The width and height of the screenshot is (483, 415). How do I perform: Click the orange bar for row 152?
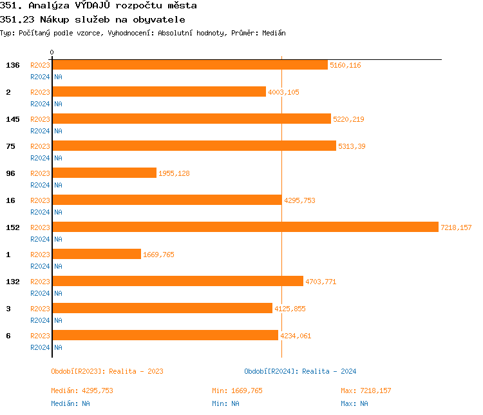[245, 227]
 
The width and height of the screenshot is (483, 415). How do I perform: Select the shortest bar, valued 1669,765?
[97, 254]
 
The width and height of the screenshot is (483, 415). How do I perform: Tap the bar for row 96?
[104, 173]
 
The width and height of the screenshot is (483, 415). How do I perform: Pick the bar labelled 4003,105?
[159, 92]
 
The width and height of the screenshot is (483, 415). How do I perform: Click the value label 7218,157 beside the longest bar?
[456, 227]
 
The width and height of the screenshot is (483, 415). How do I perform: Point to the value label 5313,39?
[352, 146]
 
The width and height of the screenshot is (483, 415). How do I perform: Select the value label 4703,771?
[321, 282]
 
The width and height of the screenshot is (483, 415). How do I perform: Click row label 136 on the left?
[13, 65]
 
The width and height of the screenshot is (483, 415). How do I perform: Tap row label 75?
[10, 146]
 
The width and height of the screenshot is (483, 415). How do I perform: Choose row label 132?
[13, 282]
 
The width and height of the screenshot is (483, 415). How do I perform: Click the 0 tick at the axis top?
[52, 52]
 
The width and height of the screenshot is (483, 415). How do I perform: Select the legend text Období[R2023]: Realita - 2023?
[107, 371]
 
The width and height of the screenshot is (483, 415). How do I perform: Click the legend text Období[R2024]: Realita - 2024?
[300, 371]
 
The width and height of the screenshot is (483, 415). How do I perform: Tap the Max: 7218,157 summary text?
[366, 391]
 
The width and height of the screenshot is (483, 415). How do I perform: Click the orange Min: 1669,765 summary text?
[237, 391]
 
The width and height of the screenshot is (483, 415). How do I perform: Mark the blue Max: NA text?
[354, 403]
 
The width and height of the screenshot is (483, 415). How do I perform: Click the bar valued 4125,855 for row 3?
[162, 308]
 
